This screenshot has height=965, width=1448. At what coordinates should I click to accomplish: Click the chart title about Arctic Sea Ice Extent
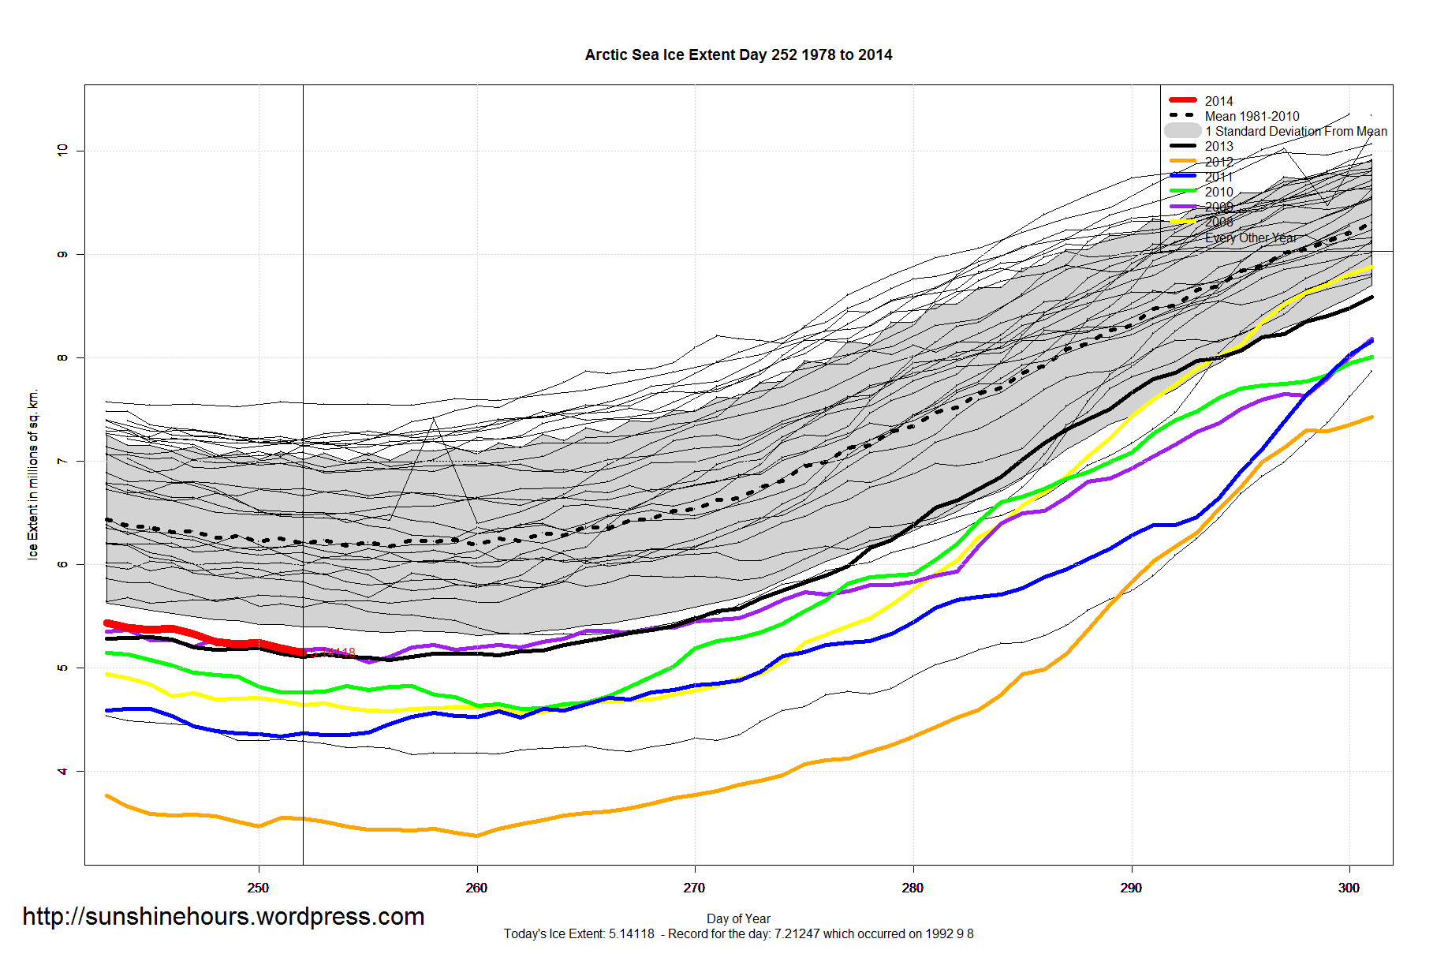(x=738, y=55)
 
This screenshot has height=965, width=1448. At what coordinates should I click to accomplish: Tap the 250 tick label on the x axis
(x=258, y=888)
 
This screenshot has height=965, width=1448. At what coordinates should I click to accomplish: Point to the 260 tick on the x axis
(x=476, y=888)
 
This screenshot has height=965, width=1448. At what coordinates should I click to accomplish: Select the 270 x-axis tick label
(x=694, y=888)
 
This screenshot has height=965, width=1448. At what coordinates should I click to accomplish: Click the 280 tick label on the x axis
(x=912, y=888)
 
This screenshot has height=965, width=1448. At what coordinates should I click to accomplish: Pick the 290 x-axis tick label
(x=1131, y=888)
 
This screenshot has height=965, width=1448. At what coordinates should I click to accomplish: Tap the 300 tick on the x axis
(x=1349, y=888)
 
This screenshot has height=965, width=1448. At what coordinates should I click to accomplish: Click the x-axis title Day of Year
(x=738, y=918)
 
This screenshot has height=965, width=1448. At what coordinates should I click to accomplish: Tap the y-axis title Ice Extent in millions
(x=33, y=474)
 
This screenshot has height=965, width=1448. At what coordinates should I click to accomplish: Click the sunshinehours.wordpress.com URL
(x=223, y=917)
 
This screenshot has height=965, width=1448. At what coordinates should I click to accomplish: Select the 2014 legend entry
(x=1218, y=101)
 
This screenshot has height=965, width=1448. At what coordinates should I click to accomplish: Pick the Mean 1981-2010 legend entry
(x=1252, y=116)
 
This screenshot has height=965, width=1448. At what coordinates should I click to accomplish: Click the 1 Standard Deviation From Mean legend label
(x=1296, y=131)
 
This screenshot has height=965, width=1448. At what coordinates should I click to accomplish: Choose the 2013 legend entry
(x=1218, y=146)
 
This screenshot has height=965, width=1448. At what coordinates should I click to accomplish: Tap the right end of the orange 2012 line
(x=1372, y=417)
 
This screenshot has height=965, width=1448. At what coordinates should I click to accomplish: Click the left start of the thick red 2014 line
(x=107, y=623)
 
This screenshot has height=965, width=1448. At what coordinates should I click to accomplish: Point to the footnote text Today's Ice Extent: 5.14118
(x=580, y=934)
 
